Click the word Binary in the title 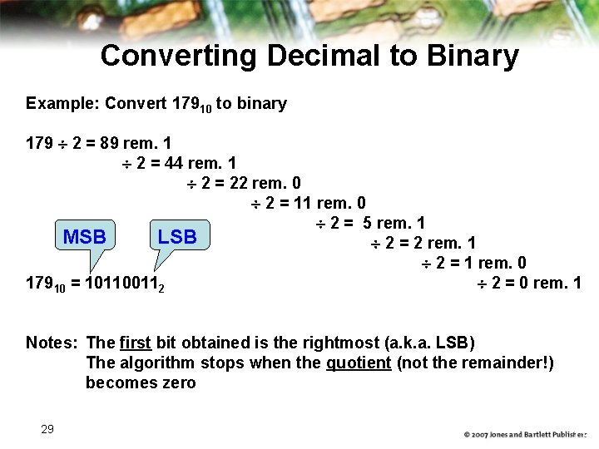(472, 57)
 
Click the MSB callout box (85, 237)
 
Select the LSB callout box (177, 237)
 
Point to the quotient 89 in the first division (109, 143)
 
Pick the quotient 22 (237, 183)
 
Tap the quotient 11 (301, 203)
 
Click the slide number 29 (47, 429)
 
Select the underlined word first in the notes (135, 343)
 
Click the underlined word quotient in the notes (358, 363)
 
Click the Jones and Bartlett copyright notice (525, 435)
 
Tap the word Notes (51, 343)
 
